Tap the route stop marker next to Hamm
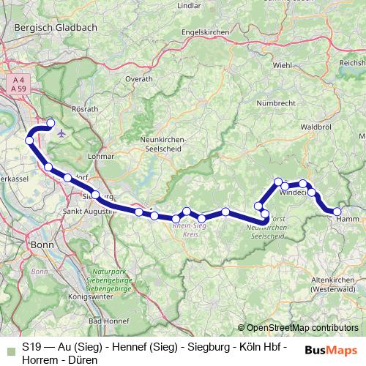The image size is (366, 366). [x=337, y=212]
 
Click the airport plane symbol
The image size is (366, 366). [x=60, y=134]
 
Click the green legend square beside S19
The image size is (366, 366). [x=9, y=348]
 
